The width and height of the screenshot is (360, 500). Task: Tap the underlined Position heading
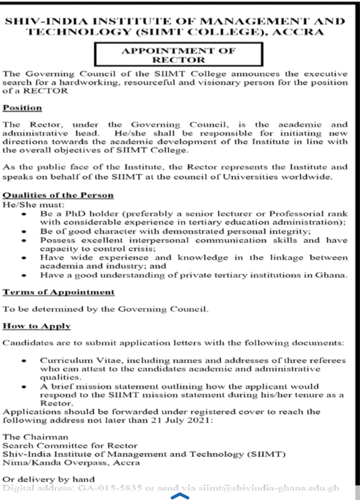point(22,108)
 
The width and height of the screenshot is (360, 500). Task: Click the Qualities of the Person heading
point(57,195)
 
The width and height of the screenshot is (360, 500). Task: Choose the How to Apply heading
point(36,326)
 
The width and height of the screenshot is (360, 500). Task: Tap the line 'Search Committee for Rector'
point(70,445)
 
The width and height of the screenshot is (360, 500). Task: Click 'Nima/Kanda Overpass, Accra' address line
point(71,463)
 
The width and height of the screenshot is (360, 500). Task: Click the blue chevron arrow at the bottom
point(180,496)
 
